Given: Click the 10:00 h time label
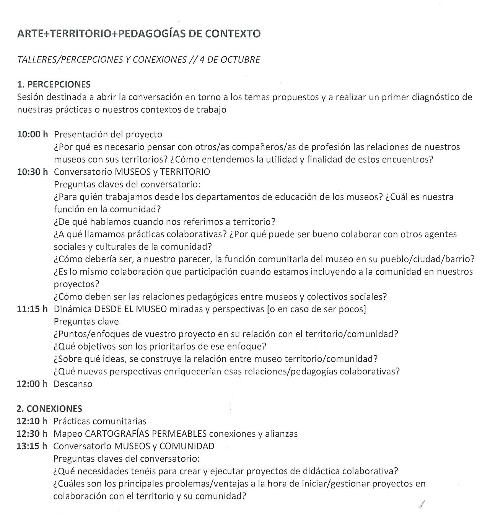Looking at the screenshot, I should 33,135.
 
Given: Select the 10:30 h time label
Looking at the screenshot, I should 33,172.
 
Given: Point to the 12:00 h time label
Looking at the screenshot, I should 32,384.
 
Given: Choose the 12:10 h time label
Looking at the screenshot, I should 32,421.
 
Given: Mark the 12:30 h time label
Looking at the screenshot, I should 32,434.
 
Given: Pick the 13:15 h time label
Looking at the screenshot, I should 32,446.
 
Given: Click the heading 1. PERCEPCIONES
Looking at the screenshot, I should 54,85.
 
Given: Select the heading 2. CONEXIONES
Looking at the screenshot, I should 49,409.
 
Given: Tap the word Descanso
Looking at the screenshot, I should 73,384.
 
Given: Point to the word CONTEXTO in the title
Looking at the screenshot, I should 233,34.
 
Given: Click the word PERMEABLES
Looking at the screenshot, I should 179,434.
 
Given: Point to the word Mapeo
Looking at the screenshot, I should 67,434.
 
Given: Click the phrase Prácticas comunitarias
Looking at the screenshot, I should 100,421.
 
